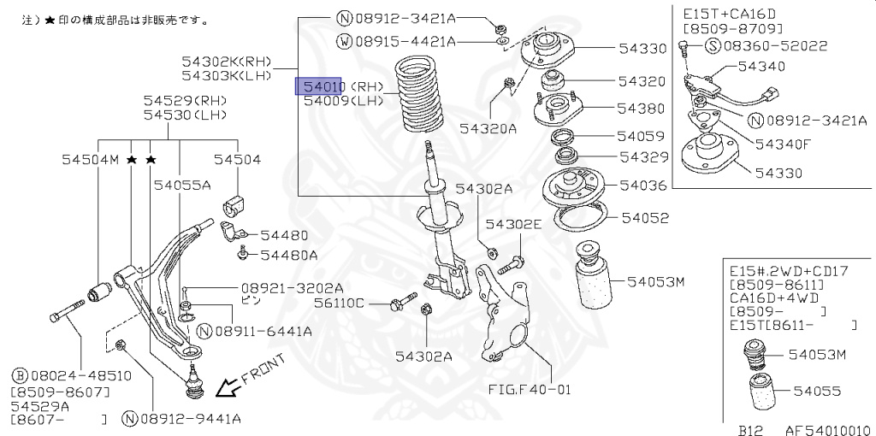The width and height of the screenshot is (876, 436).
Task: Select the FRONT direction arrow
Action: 228,389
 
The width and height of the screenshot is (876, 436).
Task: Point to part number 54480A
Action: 289,255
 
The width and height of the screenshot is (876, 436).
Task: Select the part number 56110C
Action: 339,303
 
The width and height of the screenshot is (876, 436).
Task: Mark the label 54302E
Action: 514,224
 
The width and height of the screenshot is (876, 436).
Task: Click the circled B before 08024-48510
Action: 18,374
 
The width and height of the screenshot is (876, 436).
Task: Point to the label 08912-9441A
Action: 190,419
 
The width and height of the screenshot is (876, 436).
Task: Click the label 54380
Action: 642,109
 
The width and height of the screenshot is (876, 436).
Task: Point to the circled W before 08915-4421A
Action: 344,41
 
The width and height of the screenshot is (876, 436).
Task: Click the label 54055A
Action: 182,184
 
